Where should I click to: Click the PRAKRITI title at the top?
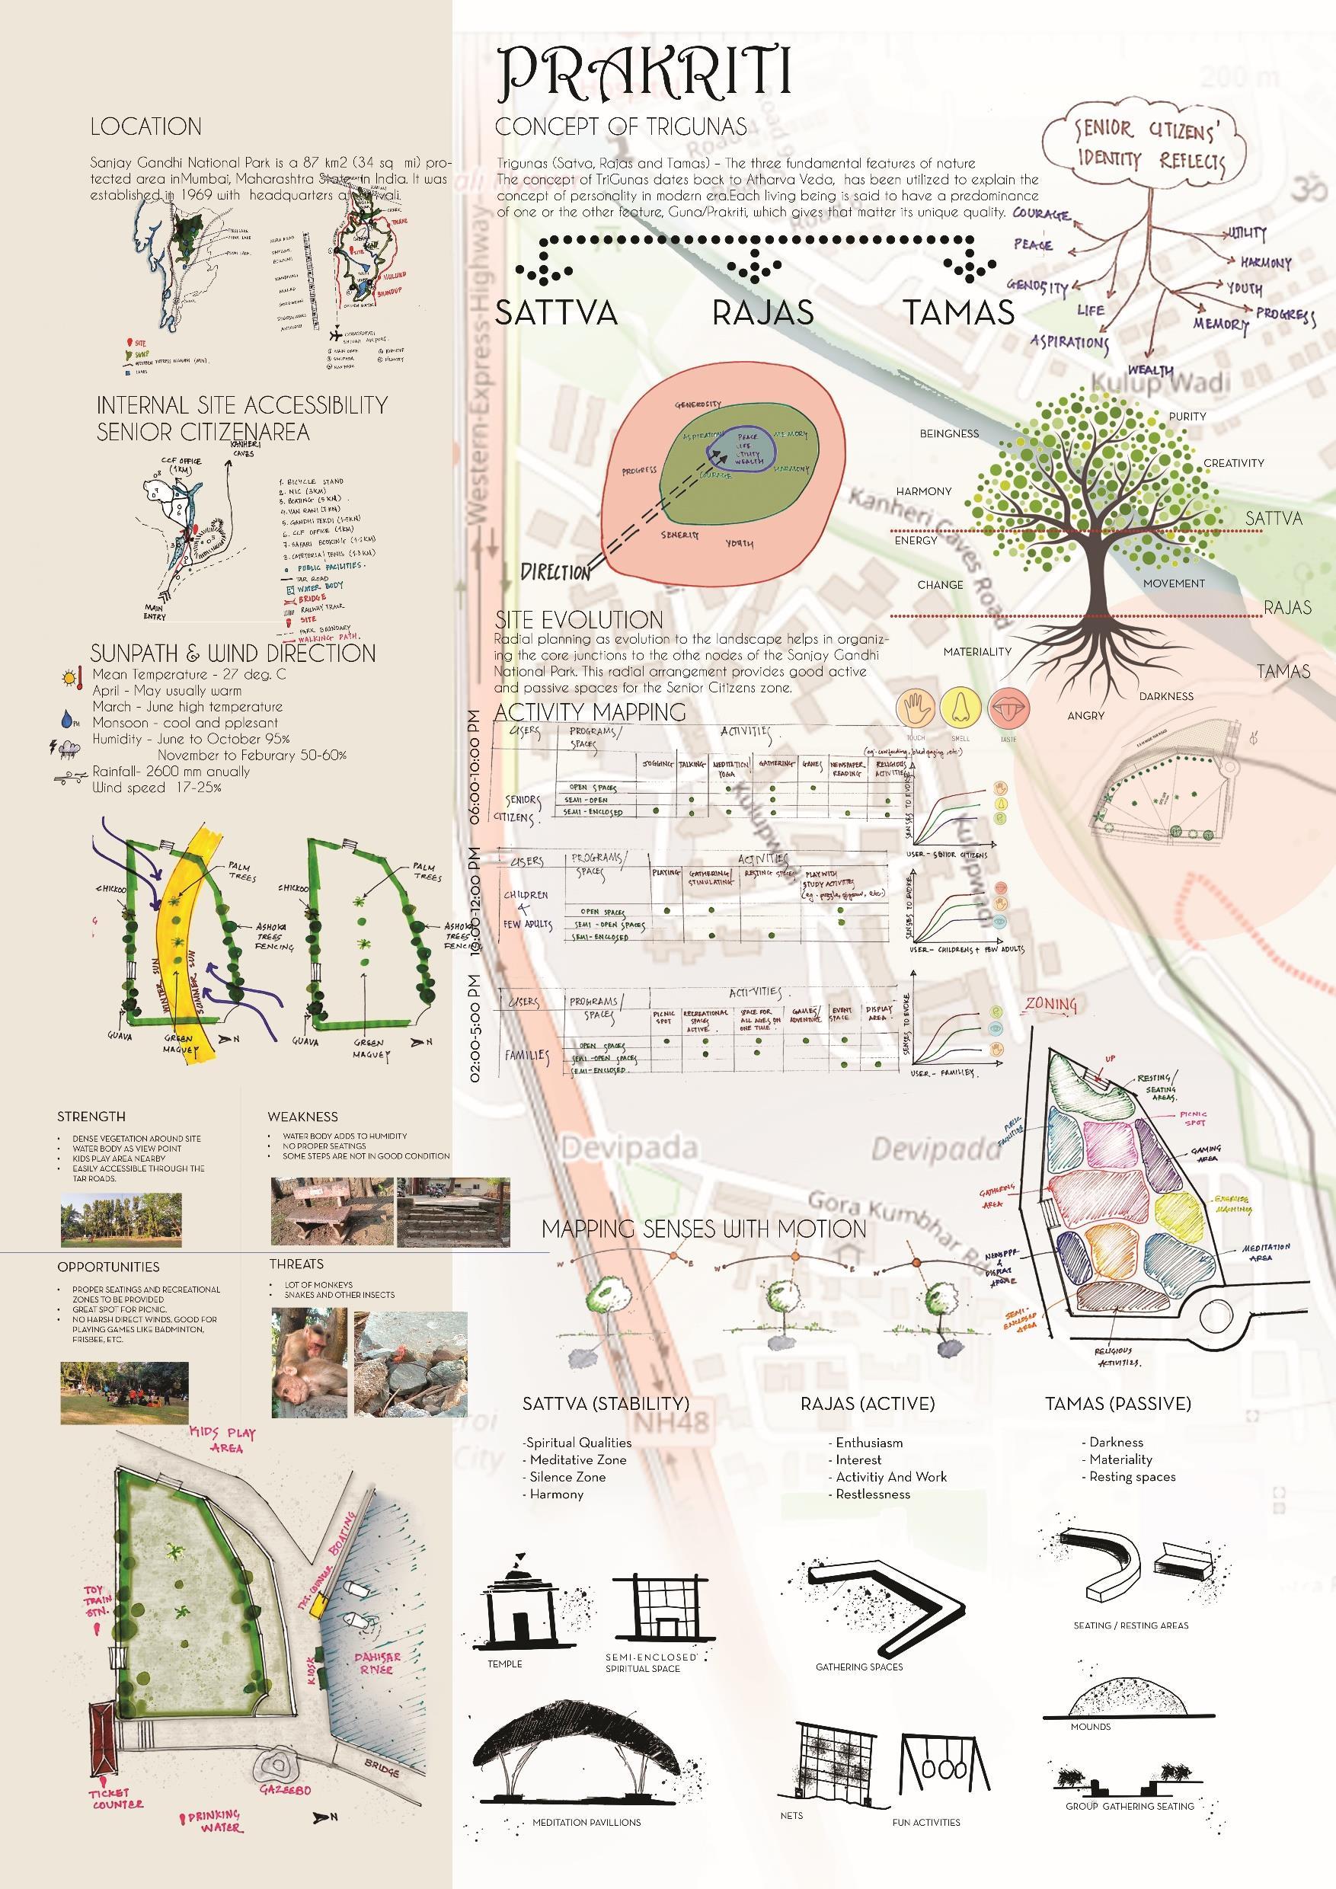click(x=645, y=72)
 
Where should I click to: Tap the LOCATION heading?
click(x=145, y=126)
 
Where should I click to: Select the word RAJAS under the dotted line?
click(x=762, y=312)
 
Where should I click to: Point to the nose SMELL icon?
click(x=960, y=708)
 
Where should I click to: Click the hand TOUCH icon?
click(x=914, y=708)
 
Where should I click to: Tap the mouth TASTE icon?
click(x=1007, y=708)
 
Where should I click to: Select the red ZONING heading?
click(x=1050, y=1004)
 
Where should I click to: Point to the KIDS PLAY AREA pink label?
click(x=224, y=1440)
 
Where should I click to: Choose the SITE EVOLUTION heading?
click(x=578, y=619)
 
